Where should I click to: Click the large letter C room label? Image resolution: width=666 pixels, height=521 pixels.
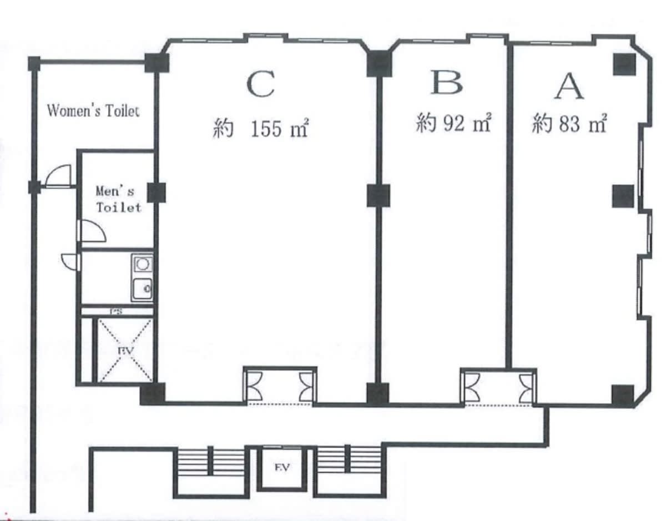click(x=260, y=84)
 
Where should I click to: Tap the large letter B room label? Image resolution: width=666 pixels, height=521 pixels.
click(x=446, y=82)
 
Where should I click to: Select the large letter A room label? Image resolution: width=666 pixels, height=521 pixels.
click(x=569, y=87)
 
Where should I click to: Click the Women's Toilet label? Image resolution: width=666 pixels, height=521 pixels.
click(x=93, y=110)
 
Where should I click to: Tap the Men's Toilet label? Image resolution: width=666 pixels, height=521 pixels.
click(x=118, y=199)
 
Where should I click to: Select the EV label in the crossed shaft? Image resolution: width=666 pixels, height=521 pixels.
click(x=126, y=351)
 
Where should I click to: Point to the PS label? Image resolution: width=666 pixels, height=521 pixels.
click(x=116, y=311)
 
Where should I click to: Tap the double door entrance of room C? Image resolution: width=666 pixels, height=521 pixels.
click(x=280, y=387)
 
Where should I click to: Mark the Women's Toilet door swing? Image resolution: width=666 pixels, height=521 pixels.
click(x=58, y=175)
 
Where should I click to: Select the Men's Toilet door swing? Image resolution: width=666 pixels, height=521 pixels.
click(x=93, y=231)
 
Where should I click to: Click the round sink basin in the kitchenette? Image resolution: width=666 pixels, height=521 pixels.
click(x=143, y=264)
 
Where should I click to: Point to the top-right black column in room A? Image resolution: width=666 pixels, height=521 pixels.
click(x=624, y=64)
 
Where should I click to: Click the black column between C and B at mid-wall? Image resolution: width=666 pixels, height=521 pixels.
click(x=379, y=195)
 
